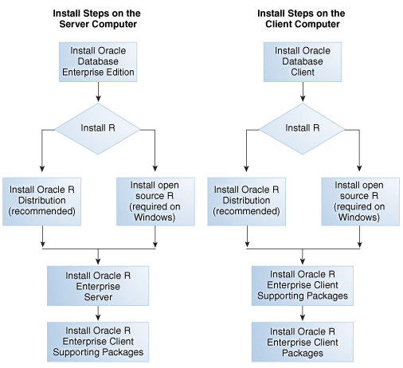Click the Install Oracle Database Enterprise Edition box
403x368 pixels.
(x=96, y=62)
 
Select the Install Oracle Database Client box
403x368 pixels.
(x=302, y=62)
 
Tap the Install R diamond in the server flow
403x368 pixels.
(x=96, y=127)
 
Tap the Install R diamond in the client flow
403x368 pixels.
(x=302, y=127)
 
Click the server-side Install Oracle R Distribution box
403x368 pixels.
(x=41, y=201)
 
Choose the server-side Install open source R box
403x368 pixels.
(x=154, y=201)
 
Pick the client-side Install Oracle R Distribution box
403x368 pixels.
(x=247, y=201)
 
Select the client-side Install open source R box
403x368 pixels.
(x=359, y=201)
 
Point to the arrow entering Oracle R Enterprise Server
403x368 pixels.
(x=96, y=256)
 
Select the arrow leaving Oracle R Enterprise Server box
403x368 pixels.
(x=96, y=312)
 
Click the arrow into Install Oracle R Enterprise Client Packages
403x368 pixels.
(x=302, y=312)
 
